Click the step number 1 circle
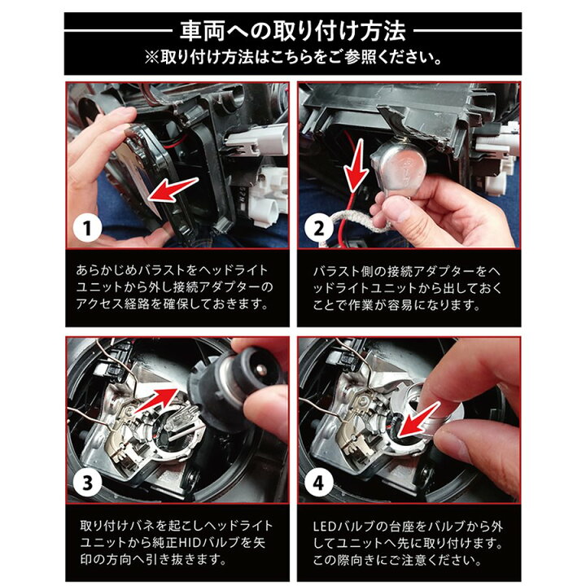tap(87, 228)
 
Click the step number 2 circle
tap(319, 228)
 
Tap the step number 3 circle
tap(87, 483)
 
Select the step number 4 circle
tap(319, 483)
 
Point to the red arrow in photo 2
tap(356, 164)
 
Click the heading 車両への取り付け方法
tap(293, 31)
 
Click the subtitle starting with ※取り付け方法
tap(293, 58)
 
